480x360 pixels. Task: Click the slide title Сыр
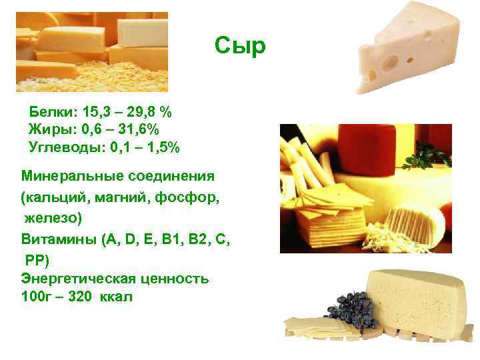coord(241,46)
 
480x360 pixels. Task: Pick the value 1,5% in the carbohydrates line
coord(161,147)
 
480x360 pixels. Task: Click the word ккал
coord(117,297)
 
